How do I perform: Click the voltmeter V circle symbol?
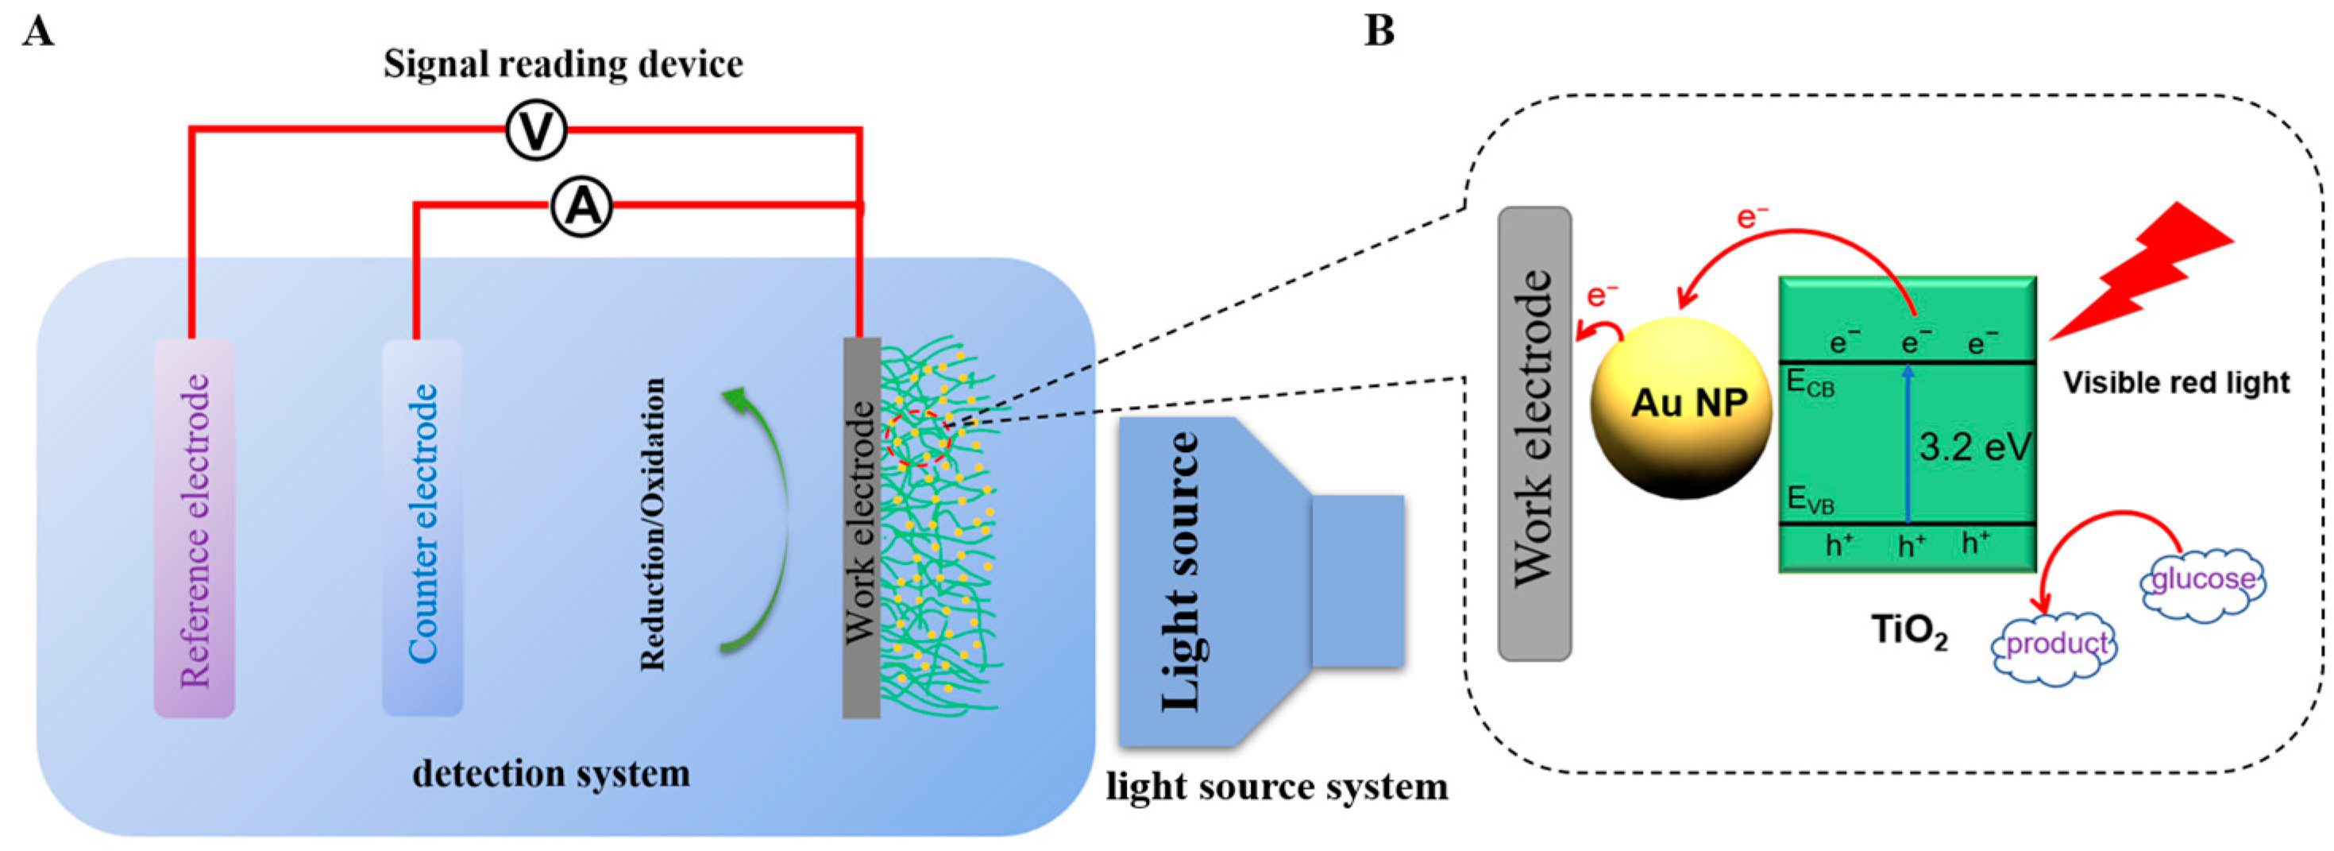point(536,130)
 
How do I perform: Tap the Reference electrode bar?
point(195,529)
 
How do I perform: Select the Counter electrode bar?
point(422,529)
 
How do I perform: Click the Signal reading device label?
point(563,64)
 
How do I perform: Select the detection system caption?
point(551,774)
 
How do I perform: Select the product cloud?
point(2056,645)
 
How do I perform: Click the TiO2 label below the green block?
point(1909,632)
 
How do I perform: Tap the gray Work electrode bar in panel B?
point(1535,433)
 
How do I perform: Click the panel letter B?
point(1379,32)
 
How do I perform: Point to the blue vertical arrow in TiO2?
point(1908,444)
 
